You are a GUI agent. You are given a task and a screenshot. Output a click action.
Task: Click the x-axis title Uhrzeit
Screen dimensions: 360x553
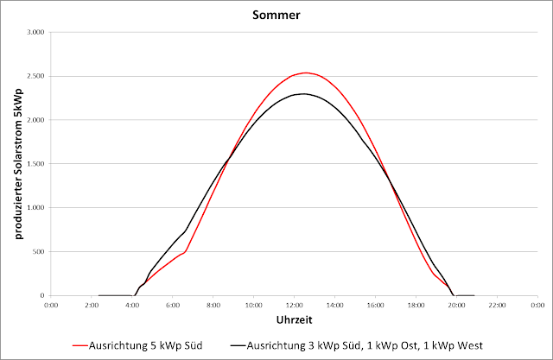pos(293,320)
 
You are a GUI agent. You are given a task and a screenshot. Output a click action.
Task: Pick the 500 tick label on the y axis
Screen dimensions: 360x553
pos(37,252)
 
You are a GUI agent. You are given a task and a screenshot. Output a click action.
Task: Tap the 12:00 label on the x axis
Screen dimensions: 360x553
pos(294,306)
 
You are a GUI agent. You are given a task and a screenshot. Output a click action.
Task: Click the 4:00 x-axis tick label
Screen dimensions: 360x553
pos(132,306)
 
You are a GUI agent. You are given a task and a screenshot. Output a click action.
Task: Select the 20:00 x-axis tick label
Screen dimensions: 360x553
pos(456,306)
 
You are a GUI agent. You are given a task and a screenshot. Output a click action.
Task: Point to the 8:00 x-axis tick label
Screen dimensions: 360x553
pos(213,306)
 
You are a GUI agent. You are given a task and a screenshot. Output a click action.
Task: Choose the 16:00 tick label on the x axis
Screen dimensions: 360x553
pos(375,306)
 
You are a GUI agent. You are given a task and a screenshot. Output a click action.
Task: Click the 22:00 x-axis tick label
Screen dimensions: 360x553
pos(497,306)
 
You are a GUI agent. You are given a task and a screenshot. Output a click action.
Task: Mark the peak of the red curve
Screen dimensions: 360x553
pos(305,73)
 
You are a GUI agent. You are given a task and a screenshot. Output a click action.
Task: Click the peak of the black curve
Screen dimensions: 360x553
pos(304,93)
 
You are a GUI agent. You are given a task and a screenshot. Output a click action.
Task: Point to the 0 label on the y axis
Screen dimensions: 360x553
pos(41,296)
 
